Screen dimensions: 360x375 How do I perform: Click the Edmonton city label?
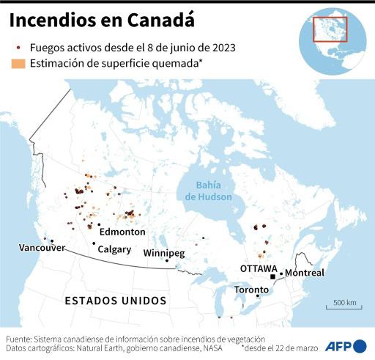point(122,232)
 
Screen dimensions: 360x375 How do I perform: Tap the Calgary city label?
point(114,249)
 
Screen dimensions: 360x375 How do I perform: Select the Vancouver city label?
point(42,248)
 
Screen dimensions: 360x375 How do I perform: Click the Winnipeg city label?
point(163,253)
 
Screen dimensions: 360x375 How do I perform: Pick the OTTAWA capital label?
point(259,268)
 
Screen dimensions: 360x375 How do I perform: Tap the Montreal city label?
point(304,273)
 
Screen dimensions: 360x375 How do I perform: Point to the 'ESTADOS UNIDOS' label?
point(116,301)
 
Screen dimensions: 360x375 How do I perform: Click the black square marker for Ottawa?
point(272,277)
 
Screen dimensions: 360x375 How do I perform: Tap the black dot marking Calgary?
point(94,243)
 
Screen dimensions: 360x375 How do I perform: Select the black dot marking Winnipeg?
point(167,261)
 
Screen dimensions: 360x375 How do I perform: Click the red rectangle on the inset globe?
point(330,29)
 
